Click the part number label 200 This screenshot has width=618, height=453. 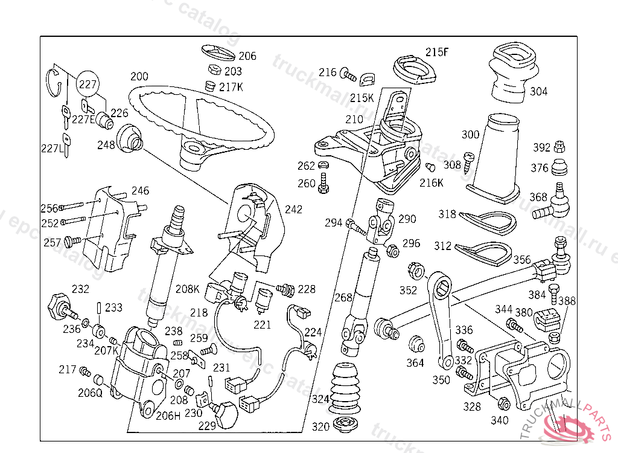(x=139, y=77)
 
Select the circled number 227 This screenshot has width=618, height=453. (x=88, y=85)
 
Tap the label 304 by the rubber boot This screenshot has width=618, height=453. (x=539, y=92)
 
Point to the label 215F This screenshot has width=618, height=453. (x=437, y=52)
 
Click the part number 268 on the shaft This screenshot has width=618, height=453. (x=343, y=297)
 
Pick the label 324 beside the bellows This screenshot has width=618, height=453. (x=320, y=399)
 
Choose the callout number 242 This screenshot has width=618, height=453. (x=293, y=210)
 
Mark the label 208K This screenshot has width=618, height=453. (x=188, y=289)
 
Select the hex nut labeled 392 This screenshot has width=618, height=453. (x=559, y=147)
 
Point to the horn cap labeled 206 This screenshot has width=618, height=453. (x=218, y=51)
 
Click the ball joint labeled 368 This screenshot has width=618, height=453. (x=559, y=204)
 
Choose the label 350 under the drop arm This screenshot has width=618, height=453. (x=441, y=380)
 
